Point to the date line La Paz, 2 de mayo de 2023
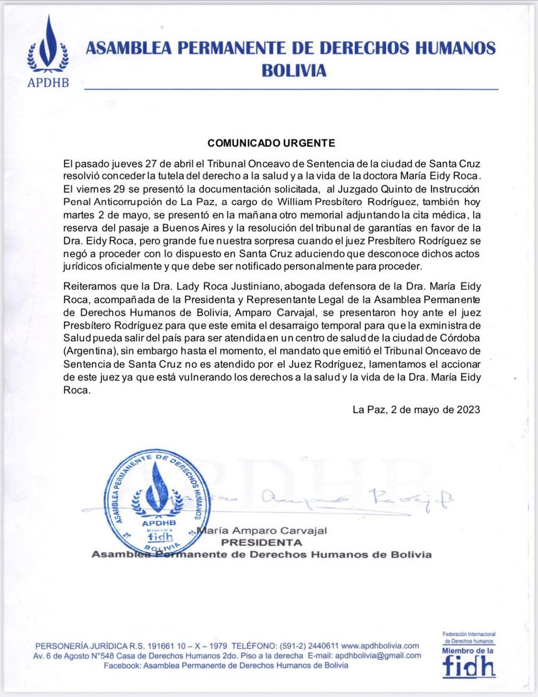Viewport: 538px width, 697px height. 416,409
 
